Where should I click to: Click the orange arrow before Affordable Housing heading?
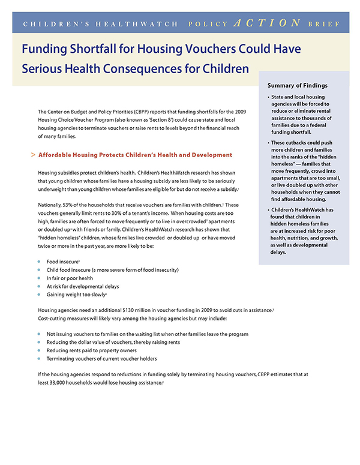[32, 155]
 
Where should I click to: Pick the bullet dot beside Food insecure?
[39, 262]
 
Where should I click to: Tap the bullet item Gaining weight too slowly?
[76, 295]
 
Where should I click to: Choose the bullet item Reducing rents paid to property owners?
[97, 350]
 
